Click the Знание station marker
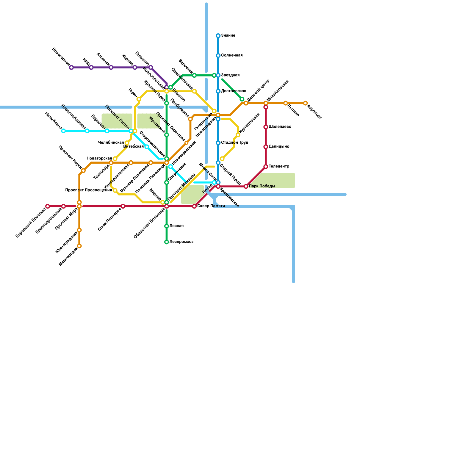pos(218,36)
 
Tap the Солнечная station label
pos(232,55)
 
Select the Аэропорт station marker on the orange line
pos(305,103)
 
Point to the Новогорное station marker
pos(71,68)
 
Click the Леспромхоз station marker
pos(167,242)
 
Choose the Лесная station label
pos(176,226)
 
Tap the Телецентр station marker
pos(266,167)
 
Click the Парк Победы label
pos(262,186)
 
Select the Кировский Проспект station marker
pos(48,206)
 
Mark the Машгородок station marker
pos(79,246)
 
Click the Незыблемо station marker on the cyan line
pos(63,131)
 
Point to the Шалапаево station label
pos(280,127)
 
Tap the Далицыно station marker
pos(266,147)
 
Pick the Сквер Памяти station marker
pos(194,206)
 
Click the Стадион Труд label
pos(234,143)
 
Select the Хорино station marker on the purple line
pos(135,68)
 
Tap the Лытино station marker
pos(286,103)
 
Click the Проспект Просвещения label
pos(88,190)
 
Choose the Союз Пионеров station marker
pos(123,206)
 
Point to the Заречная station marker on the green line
pos(194,75)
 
